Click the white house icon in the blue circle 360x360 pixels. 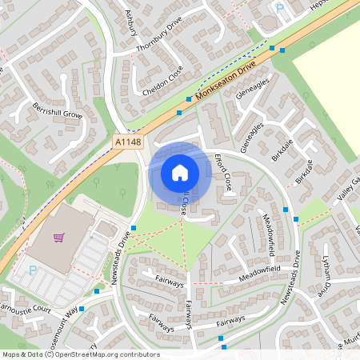[180, 172]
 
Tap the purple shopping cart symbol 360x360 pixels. [58, 238]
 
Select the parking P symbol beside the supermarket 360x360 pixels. [32, 270]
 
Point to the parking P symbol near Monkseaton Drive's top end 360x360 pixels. [280, 9]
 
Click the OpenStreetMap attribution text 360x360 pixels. [81, 354]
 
